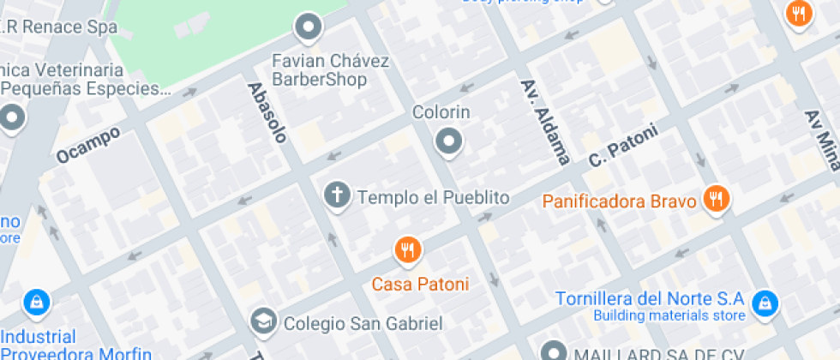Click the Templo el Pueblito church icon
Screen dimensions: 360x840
coord(337,196)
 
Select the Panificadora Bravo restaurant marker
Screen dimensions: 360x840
coord(714,199)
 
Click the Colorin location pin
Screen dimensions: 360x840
coord(448,141)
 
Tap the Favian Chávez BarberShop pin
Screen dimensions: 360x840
coord(308,28)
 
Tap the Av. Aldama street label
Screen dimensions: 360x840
coord(545,122)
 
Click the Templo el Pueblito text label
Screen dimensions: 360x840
coord(433,198)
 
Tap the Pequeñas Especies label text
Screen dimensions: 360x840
coord(81,89)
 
